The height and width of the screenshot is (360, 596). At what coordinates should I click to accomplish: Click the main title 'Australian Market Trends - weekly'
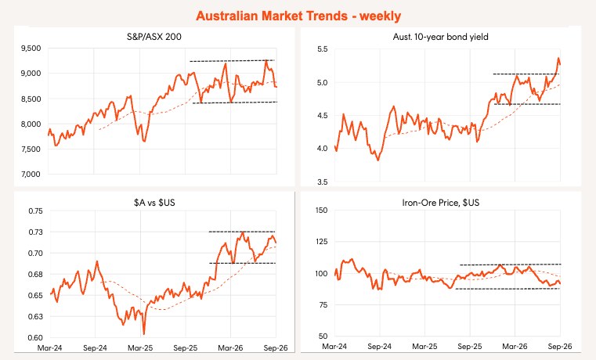coord(298,16)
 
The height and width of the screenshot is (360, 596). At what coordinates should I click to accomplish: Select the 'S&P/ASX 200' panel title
coord(154,37)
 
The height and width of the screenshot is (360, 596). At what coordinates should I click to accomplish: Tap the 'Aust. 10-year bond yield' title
coord(440,37)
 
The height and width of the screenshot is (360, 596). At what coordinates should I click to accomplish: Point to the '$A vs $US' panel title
coord(154,203)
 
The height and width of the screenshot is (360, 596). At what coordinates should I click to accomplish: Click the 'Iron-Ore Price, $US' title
coord(440,203)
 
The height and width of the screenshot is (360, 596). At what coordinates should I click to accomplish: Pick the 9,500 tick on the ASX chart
coord(31,49)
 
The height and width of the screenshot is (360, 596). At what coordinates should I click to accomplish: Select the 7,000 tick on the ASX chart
coord(31,175)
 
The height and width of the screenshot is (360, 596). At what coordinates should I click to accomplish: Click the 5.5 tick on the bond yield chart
coord(322,49)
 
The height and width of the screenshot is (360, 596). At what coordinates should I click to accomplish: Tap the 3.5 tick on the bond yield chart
coord(322,182)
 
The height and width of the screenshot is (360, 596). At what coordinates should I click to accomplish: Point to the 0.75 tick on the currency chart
coord(36,211)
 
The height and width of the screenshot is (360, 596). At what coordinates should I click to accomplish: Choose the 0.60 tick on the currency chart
coord(36,337)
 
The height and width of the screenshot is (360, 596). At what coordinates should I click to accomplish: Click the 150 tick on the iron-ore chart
coord(322,211)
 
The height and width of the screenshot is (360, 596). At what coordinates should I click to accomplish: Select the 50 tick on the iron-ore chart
coord(323,336)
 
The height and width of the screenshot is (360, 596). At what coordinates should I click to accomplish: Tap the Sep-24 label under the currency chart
coord(95,347)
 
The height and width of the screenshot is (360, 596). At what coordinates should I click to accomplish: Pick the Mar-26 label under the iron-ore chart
coord(515,347)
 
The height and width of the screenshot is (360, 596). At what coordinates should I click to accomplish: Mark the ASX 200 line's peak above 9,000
coord(266,60)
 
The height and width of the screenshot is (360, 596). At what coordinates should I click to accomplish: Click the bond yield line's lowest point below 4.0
coord(377,160)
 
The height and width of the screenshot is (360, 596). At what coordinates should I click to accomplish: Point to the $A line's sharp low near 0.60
coord(143,334)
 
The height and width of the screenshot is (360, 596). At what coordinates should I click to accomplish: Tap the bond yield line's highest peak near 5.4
coord(558,58)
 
